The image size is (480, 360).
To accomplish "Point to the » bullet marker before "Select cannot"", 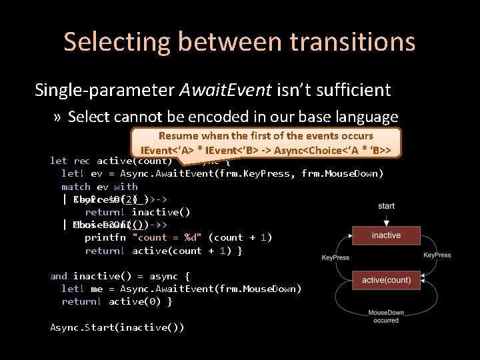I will tap(58, 117).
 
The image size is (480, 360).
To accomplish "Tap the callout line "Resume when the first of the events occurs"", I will tap(266, 135).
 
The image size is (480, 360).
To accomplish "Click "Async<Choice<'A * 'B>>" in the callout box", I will tap(337, 149).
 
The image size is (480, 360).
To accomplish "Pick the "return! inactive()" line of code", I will tap(137, 212).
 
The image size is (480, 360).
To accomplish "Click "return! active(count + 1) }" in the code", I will tap(163, 250).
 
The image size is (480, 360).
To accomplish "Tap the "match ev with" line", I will tap(99, 187).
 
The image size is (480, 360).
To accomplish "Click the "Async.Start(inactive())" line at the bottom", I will tap(117, 327).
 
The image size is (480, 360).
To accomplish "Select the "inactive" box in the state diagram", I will tap(386, 235).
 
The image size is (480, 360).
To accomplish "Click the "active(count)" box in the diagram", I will tap(386, 280).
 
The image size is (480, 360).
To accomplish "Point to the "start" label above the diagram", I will tap(386, 207).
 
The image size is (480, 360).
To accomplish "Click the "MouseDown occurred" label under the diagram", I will tap(386, 316).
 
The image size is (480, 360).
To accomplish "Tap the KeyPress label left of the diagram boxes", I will tap(335, 257).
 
